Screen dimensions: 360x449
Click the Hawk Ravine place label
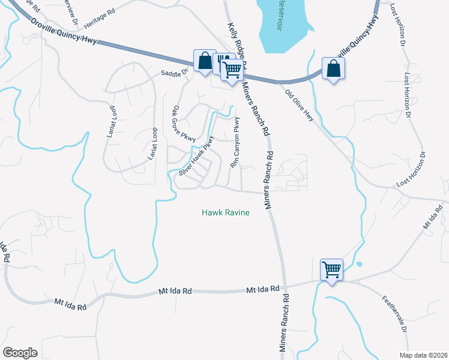pyautogui.click(x=225, y=212)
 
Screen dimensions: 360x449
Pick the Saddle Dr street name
pyautogui.click(x=174, y=73)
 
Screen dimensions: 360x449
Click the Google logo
pyautogui.click(x=20, y=353)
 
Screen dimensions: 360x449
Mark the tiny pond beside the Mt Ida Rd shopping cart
pyautogui.click(x=358, y=264)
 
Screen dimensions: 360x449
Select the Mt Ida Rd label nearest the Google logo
pyautogui.click(x=70, y=304)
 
